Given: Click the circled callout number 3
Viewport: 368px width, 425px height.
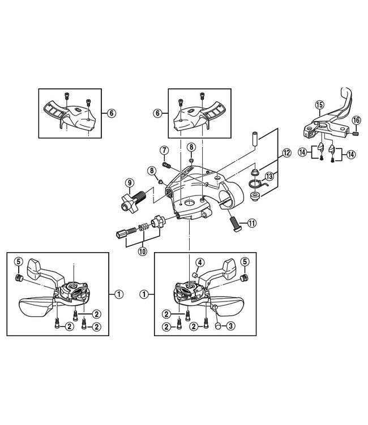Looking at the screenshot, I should coord(231,326).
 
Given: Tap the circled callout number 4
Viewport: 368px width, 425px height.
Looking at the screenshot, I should coord(200,262).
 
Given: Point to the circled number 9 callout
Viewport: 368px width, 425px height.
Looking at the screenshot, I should coord(130,182).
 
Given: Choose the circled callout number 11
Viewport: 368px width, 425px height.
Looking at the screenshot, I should coord(252,223).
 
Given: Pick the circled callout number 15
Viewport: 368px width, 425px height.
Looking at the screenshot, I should coord(319,104).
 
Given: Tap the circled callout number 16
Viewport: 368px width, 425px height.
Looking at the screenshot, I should coord(356,120).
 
